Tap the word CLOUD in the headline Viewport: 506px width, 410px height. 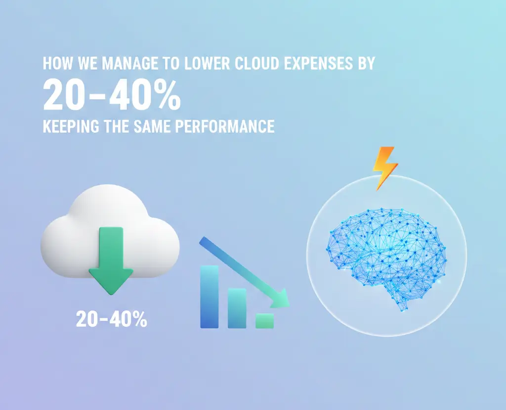(x=256, y=63)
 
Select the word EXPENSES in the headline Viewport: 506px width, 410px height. (x=319, y=63)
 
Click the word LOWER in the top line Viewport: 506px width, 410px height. (x=207, y=63)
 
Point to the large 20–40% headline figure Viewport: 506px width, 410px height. (x=112, y=96)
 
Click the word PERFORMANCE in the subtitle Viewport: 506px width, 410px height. (x=225, y=126)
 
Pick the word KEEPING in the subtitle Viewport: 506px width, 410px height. (x=71, y=126)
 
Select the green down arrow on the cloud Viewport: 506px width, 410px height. (x=111, y=260)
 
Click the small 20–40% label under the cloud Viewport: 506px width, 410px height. (x=111, y=319)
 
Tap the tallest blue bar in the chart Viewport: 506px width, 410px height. (x=210, y=297)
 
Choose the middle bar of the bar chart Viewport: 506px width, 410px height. (x=237, y=308)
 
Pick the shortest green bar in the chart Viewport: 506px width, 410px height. (x=265, y=321)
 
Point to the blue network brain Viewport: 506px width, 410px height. (x=386, y=258)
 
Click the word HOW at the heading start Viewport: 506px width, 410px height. (x=58, y=63)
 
